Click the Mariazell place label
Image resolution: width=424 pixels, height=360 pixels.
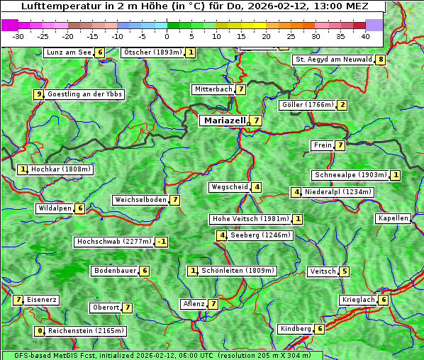224,120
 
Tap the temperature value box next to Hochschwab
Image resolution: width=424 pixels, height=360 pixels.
162,242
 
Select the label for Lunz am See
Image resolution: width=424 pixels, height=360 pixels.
68,52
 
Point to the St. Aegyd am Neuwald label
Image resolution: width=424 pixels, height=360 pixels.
333,60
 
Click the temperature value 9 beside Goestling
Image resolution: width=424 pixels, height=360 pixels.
38,94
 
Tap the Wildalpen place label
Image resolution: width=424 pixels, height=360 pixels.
55,208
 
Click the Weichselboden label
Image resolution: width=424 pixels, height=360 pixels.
140,200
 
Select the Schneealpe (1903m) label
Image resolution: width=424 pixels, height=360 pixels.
350,175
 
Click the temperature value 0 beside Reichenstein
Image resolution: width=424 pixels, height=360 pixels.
40,331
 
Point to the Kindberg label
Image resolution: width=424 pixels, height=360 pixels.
296,329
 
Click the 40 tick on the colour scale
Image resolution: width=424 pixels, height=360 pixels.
365,35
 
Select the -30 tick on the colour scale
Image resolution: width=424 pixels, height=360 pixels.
18,35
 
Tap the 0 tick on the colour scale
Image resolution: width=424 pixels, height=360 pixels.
167,35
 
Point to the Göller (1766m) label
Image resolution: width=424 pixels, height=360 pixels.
307,105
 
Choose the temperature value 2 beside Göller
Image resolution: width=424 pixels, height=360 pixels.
342,105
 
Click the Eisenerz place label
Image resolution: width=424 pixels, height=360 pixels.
42,300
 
